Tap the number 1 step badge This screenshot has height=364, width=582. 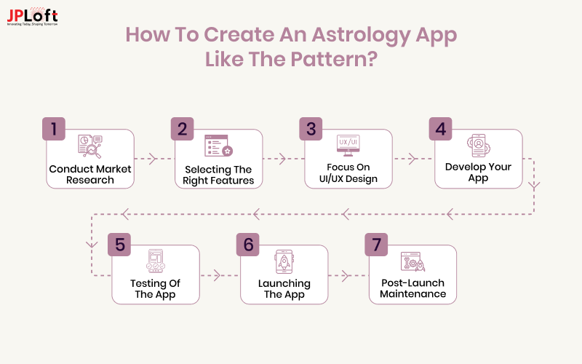(x=53, y=129)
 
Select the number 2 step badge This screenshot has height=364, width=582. (x=182, y=129)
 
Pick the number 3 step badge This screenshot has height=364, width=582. (x=311, y=129)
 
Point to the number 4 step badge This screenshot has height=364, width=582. (x=440, y=129)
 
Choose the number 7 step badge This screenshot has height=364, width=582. (x=376, y=245)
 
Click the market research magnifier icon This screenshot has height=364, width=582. (x=90, y=147)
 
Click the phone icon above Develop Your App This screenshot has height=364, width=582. (x=477, y=146)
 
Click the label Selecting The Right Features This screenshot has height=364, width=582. (x=218, y=175)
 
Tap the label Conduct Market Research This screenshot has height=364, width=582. (x=90, y=175)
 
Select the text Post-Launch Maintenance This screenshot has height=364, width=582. (x=412, y=288)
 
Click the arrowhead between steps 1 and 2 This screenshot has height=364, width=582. (x=152, y=158)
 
